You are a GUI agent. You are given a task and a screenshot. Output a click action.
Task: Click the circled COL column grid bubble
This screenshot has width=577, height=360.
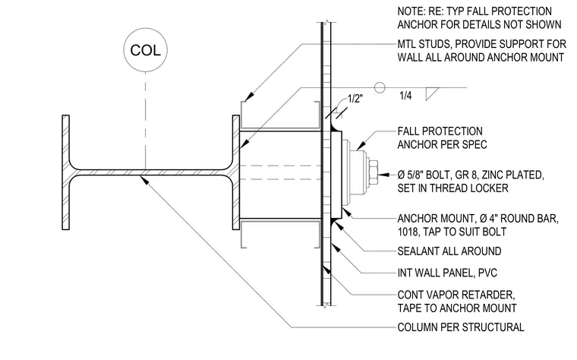145,50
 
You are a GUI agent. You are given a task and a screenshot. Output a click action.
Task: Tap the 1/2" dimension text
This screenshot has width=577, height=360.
355,99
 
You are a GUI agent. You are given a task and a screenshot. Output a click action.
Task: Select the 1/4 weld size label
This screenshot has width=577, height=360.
405,96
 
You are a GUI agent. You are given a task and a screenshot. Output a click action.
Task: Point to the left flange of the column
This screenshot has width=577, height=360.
65,172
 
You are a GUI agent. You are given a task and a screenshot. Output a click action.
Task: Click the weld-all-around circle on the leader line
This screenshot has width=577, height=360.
380,87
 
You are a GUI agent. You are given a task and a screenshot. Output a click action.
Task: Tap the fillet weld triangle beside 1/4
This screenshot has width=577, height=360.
431,94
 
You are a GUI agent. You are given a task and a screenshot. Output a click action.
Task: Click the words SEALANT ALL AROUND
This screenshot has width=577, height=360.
449,251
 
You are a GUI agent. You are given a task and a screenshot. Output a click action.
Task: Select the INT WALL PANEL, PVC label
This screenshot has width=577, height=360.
447,273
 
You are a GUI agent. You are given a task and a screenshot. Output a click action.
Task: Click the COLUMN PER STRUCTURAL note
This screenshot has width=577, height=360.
461,327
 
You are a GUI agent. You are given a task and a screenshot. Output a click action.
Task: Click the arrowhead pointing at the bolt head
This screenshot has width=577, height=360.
384,175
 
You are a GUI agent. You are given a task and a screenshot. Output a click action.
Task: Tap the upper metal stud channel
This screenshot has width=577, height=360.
279,116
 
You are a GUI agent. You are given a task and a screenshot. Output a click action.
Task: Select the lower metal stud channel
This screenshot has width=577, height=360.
279,234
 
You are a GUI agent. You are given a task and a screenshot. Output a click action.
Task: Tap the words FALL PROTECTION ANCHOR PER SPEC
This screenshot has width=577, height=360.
442,138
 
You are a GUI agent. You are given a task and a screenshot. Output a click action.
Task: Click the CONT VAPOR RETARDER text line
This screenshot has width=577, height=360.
456,295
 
